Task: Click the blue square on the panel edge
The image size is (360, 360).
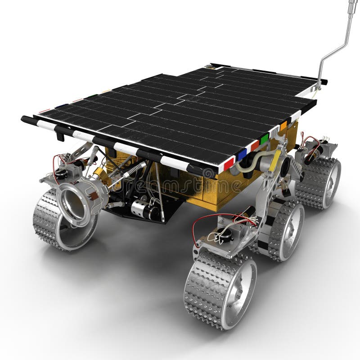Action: [x=242, y=154]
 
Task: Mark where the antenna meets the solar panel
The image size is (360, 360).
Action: [x=319, y=85]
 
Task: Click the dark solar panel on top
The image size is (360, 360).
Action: [x=180, y=108]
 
